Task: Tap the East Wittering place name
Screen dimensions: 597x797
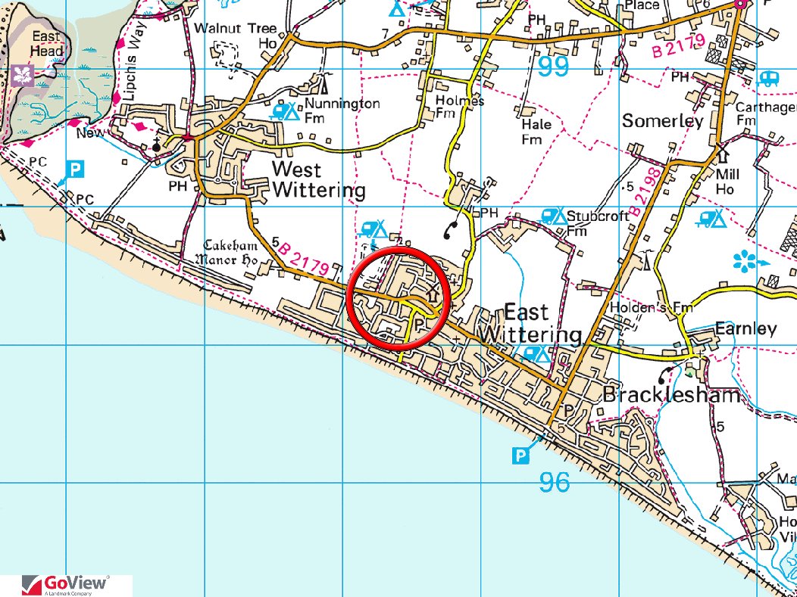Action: (542, 323)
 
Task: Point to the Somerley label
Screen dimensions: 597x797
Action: (662, 120)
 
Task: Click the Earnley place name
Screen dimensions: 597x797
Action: (745, 328)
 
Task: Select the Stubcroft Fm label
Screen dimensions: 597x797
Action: (598, 222)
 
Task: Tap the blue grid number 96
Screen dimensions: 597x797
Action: (555, 481)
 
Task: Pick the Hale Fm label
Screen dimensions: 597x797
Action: (536, 132)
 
